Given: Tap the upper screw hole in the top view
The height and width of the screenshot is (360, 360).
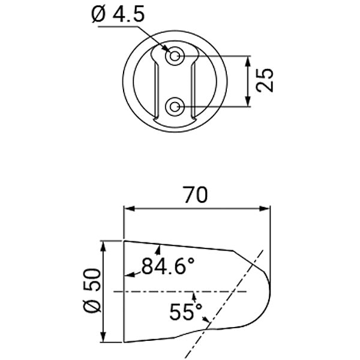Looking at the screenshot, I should [175, 57].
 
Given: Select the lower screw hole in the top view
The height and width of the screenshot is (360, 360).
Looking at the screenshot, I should [175, 107].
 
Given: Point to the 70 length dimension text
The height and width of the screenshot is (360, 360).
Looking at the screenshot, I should [195, 195].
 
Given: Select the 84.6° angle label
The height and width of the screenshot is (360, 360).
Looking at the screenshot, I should [169, 265].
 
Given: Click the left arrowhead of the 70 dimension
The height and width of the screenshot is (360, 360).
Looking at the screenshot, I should [128, 209].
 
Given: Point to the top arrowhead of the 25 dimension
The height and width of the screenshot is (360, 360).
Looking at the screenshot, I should [247, 61].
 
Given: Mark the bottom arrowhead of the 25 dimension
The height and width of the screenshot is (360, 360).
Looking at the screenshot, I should [247, 103].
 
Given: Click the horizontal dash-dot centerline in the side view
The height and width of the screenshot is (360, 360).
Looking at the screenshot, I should [180, 291].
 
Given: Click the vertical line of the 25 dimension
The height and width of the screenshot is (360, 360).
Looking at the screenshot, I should [247, 82].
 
